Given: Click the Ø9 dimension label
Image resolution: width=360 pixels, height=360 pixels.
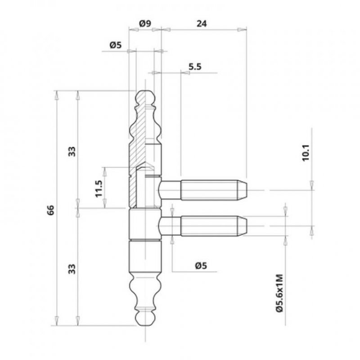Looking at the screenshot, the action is click(x=145, y=23).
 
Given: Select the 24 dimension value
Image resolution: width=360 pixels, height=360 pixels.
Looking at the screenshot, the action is click(x=202, y=23).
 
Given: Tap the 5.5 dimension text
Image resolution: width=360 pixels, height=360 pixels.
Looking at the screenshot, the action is click(x=195, y=67).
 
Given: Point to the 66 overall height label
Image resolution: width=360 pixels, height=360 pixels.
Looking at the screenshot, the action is click(x=50, y=210).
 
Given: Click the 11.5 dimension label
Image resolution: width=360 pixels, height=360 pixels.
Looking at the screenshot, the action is click(x=99, y=189).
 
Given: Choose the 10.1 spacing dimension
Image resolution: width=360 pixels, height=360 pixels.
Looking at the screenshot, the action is click(x=306, y=153).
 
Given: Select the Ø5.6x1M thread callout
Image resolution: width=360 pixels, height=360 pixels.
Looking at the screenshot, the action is click(x=279, y=293).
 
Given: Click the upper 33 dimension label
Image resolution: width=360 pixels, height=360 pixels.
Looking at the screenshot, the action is click(x=72, y=151).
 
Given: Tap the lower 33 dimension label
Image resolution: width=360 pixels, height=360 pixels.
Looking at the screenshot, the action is click(x=72, y=269).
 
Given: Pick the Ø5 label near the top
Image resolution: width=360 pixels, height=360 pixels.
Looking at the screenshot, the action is click(x=115, y=45).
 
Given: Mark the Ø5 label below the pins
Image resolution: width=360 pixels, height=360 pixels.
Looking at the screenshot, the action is click(x=201, y=265).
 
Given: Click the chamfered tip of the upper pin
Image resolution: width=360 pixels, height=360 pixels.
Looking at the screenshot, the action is click(x=242, y=190).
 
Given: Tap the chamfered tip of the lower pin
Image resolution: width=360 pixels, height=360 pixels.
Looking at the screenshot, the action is click(x=242, y=226).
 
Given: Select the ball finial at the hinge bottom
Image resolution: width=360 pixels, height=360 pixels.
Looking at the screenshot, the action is click(x=144, y=318).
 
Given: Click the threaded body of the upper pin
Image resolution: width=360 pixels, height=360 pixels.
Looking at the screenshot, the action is click(x=209, y=190).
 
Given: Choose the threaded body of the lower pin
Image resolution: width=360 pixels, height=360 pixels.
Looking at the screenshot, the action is click(x=209, y=226).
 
